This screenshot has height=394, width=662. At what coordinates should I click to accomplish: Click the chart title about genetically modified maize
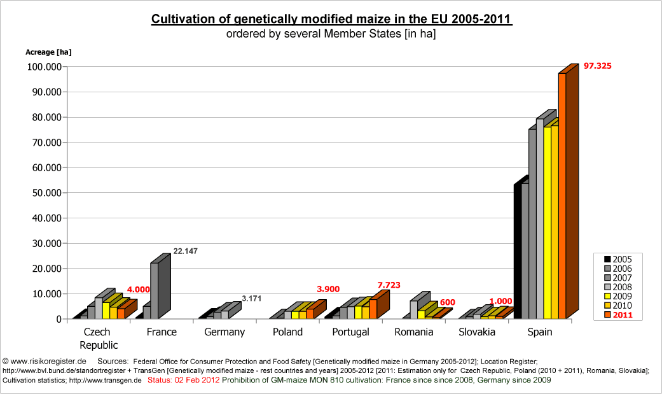tap(331, 19)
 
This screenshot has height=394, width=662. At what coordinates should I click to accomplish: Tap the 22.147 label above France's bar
tap(185, 251)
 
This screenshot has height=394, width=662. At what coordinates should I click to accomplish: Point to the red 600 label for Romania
tap(448, 302)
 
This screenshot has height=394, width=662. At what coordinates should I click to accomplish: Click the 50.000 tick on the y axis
tap(43, 193)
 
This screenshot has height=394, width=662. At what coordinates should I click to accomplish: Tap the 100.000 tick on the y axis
tap(41, 67)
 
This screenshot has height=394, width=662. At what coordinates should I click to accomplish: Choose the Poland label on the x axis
tap(287, 332)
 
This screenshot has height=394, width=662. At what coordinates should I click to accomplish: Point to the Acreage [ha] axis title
tap(48, 52)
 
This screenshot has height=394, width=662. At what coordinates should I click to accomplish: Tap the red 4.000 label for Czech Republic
tap(138, 290)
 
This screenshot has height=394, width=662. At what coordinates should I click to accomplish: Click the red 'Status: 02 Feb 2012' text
tap(184, 380)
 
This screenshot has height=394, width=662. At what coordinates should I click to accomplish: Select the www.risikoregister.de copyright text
tap(45, 360)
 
